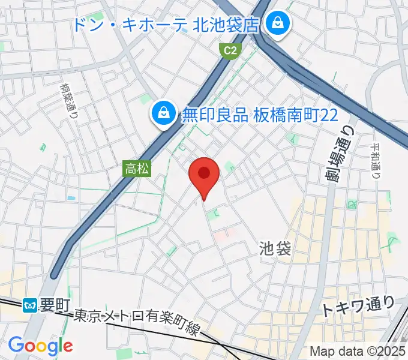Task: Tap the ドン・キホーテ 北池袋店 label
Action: tap(166, 25)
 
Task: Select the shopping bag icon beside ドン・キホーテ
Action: tap(277, 24)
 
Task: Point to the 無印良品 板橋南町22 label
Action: tap(260, 113)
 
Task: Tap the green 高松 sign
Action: tap(138, 170)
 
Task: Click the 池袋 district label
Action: tap(275, 248)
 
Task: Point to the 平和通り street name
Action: tap(376, 161)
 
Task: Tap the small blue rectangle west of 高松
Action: tap(71, 197)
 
